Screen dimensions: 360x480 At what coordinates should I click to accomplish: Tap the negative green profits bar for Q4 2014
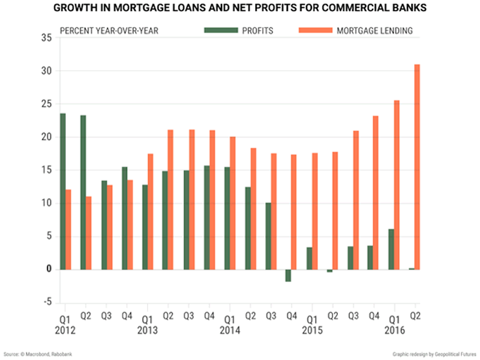pos(288,275)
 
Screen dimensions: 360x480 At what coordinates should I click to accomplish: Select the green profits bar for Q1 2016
pos(390,249)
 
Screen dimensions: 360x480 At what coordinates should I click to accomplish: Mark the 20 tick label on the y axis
pos(47,137)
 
